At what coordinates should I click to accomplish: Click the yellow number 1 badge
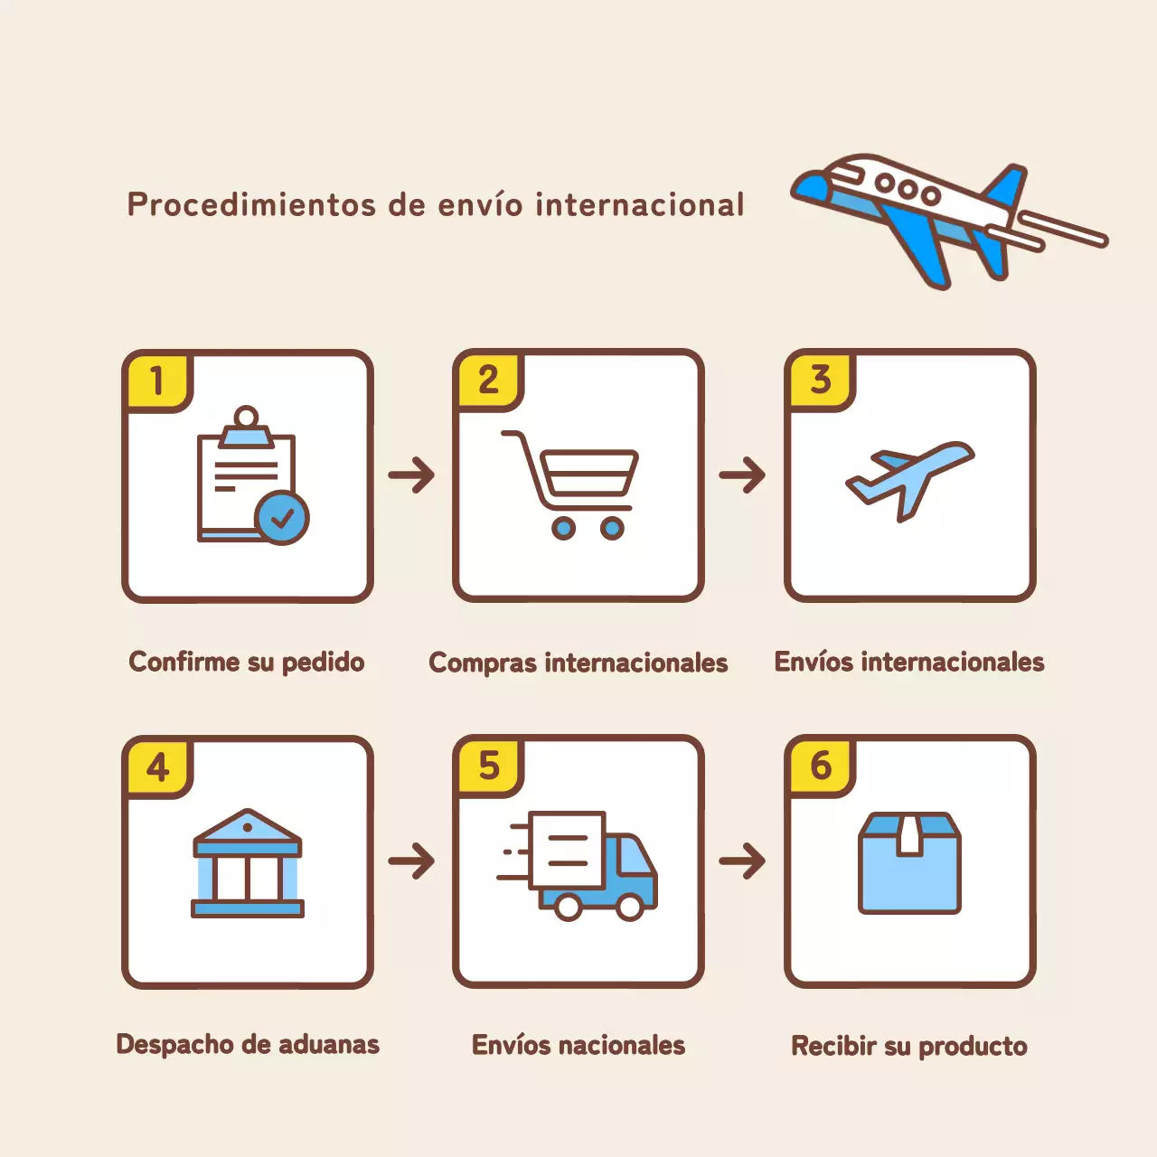tap(157, 381)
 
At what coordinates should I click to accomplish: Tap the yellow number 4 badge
tap(157, 767)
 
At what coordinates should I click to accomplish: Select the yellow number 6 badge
tap(820, 767)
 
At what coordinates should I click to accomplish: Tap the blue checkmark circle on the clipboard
tap(282, 518)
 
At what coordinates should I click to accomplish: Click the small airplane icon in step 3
tap(908, 476)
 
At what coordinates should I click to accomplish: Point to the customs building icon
tap(248, 863)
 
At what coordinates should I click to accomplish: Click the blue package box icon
tap(909, 863)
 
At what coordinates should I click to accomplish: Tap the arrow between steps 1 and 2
tap(412, 475)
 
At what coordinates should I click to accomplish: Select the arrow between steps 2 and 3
tap(743, 475)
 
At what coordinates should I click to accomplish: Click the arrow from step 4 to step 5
tap(412, 861)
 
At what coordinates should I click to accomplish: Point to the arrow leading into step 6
tap(743, 861)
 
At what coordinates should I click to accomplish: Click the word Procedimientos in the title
tap(251, 205)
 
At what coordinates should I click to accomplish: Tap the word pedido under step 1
tap(323, 663)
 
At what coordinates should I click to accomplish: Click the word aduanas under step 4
tap(328, 1045)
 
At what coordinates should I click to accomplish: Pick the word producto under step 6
tap(973, 1047)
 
